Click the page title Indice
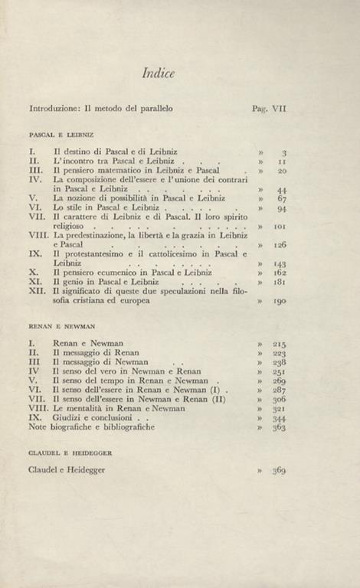click(159, 73)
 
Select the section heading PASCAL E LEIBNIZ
click(58, 134)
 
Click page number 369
click(279, 471)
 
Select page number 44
click(281, 189)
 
